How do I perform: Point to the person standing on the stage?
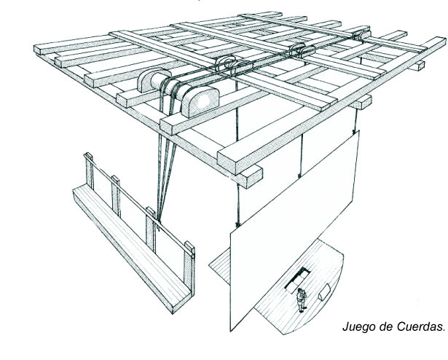pos(301,300)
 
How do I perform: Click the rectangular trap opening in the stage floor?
pos(297,281)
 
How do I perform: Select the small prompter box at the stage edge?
pos(325,292)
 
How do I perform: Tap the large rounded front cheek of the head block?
pos(200,101)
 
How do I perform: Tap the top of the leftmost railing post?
pos(88,155)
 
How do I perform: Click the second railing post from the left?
pos(116,196)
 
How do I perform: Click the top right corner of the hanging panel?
pos(358,131)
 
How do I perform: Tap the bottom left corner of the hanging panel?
pos(231,331)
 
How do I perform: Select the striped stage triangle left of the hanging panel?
pos(221,265)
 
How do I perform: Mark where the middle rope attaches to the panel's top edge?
pos(299,176)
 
